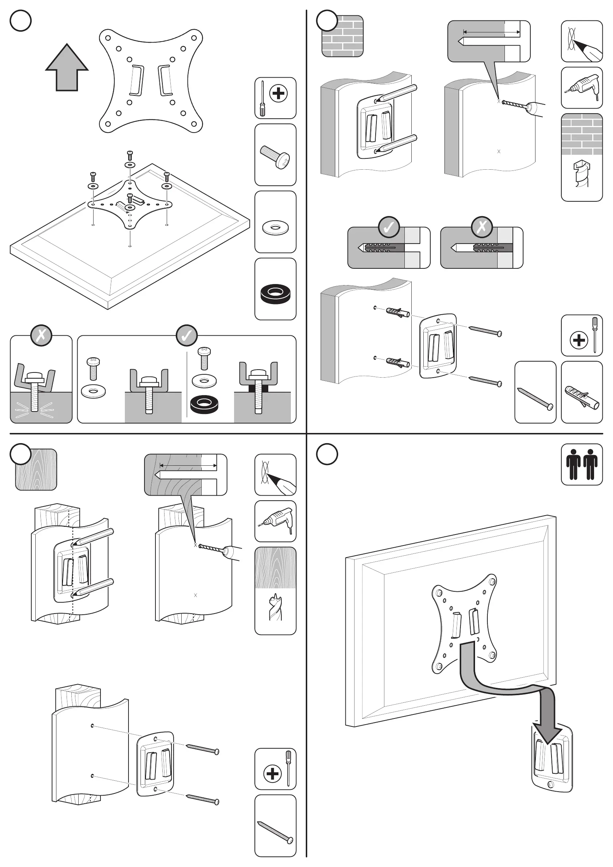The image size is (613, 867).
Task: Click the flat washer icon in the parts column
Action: [x=276, y=227]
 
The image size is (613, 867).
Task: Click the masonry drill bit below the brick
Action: [x=581, y=174]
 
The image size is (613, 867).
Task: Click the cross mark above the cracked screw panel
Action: [x=41, y=335]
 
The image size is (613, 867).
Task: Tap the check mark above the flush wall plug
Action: [x=389, y=227]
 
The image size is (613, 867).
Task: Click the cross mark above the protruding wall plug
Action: [x=482, y=227]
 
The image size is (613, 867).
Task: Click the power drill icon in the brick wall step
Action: [x=582, y=88]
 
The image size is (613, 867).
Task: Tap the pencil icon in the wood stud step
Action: [x=275, y=475]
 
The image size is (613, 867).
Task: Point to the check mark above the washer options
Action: [x=186, y=335]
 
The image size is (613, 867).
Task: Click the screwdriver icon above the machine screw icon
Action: [x=275, y=98]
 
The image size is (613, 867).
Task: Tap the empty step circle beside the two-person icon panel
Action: [x=327, y=454]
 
